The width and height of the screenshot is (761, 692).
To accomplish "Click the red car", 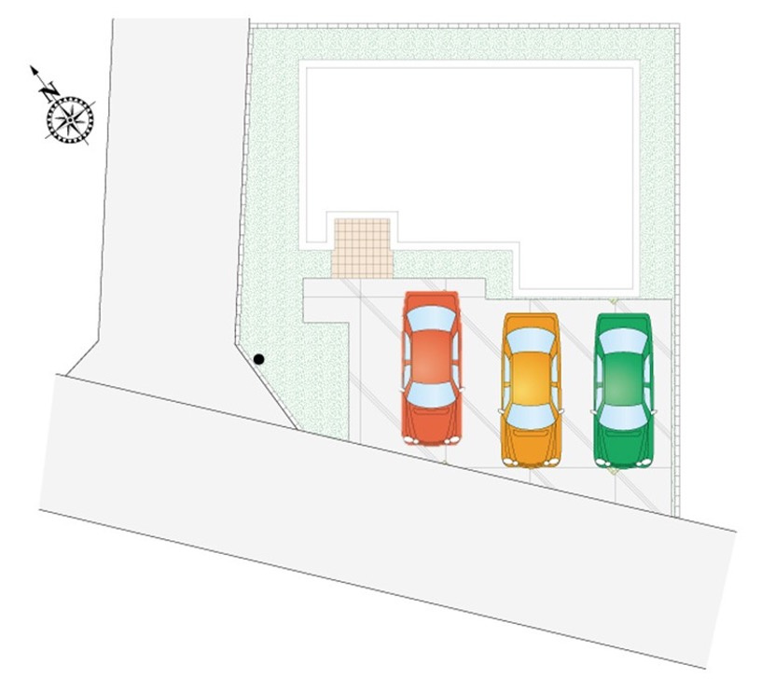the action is [432, 368].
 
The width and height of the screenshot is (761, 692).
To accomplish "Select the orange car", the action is [531, 390].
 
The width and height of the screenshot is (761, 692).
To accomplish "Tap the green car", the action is [624, 391].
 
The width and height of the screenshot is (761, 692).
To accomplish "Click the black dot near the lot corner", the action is [258, 359].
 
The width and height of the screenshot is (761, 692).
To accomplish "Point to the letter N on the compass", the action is [49, 90].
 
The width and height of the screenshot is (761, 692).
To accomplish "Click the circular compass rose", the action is [70, 119].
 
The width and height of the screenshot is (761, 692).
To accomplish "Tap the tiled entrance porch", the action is [362, 248].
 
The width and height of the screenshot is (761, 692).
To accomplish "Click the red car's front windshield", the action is [431, 395].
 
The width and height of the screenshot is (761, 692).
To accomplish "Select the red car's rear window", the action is [432, 318].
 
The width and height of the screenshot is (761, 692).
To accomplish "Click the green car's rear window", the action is [624, 341].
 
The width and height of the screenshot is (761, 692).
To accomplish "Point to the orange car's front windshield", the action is [531, 417].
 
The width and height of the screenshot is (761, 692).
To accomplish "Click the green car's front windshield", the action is [624, 417].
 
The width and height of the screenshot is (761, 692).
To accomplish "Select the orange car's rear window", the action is [531, 340].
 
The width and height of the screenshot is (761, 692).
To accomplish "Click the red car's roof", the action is [432, 356].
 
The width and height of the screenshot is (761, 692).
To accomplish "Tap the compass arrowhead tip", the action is [31, 66].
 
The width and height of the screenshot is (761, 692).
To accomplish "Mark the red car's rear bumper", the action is [432, 294].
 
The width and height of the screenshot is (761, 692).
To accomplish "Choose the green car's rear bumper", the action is [624, 316].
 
